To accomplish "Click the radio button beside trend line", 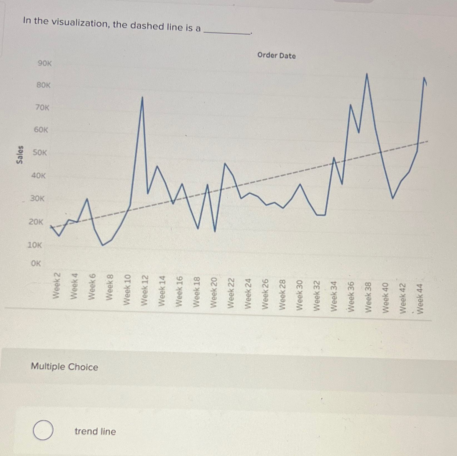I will (x=43, y=430).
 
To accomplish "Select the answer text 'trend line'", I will (x=95, y=431).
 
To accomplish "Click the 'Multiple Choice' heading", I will (x=64, y=367).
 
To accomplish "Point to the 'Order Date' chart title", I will (x=276, y=55).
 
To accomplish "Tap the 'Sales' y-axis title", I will (x=20, y=154).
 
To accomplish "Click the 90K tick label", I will (x=45, y=63).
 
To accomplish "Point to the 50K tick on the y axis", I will (x=40, y=153).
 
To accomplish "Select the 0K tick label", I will (x=36, y=263).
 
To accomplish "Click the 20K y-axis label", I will (x=36, y=222).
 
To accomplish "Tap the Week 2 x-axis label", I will (x=56, y=286).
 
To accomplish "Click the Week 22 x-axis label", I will (x=231, y=293).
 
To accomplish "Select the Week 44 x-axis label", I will (x=420, y=299).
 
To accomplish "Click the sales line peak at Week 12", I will (x=142, y=97).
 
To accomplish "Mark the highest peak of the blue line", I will (x=367, y=74).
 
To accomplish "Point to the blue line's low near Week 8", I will (x=103, y=245).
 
